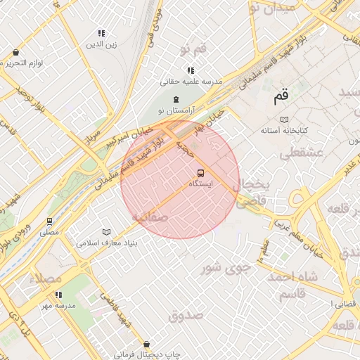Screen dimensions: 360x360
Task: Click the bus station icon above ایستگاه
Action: pos(200,173)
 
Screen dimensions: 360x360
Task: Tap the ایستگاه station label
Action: pos(202,184)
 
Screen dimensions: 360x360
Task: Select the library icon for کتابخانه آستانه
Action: pos(284,120)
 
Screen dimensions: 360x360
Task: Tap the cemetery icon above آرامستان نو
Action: pos(175,100)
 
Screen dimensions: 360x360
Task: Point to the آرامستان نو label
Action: pos(175,111)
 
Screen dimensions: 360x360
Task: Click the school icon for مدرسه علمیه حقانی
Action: pos(190,70)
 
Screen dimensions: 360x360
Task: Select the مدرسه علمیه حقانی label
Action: pos(190,82)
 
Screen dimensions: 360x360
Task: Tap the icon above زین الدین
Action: pos(101,33)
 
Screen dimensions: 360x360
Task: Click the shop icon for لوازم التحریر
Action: pos(15,52)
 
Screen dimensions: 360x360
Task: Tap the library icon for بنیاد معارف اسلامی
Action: pos(107,232)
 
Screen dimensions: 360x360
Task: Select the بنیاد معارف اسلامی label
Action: pos(107,243)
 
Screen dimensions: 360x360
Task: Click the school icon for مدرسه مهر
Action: pos(58,295)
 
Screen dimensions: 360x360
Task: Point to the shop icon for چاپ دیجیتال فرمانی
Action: pos(146,345)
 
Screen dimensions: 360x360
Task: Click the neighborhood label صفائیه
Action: pos(148,217)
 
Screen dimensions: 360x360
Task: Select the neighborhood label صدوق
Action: pos(186,315)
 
